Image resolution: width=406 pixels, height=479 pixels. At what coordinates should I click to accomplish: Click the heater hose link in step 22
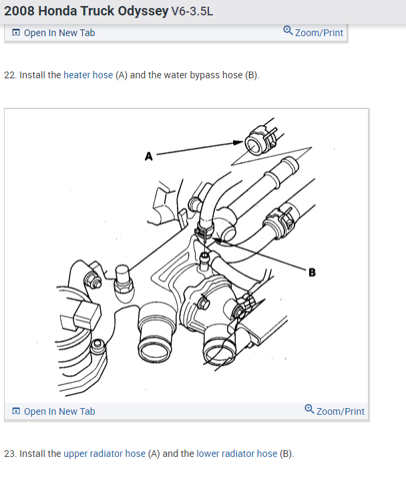pos(88,75)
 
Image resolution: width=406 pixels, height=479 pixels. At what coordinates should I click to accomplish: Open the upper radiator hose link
pos(104,454)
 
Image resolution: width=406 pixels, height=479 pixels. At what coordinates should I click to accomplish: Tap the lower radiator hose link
pos(236,454)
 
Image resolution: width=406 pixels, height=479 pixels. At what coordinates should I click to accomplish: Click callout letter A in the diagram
pos(149,157)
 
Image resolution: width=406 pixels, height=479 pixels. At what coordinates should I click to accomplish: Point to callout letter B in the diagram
pos(312,272)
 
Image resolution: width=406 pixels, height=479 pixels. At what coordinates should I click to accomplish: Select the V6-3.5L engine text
pos(192,12)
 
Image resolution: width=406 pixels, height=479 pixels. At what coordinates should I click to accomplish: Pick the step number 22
pos(9,75)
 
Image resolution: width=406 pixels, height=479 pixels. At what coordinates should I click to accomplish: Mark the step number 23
pos(9,454)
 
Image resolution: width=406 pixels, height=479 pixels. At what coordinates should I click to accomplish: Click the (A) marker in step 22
pos(122,75)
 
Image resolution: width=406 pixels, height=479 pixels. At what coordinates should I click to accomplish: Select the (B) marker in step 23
pos(286,454)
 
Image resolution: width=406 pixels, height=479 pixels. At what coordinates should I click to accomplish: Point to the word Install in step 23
pos(32,454)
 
